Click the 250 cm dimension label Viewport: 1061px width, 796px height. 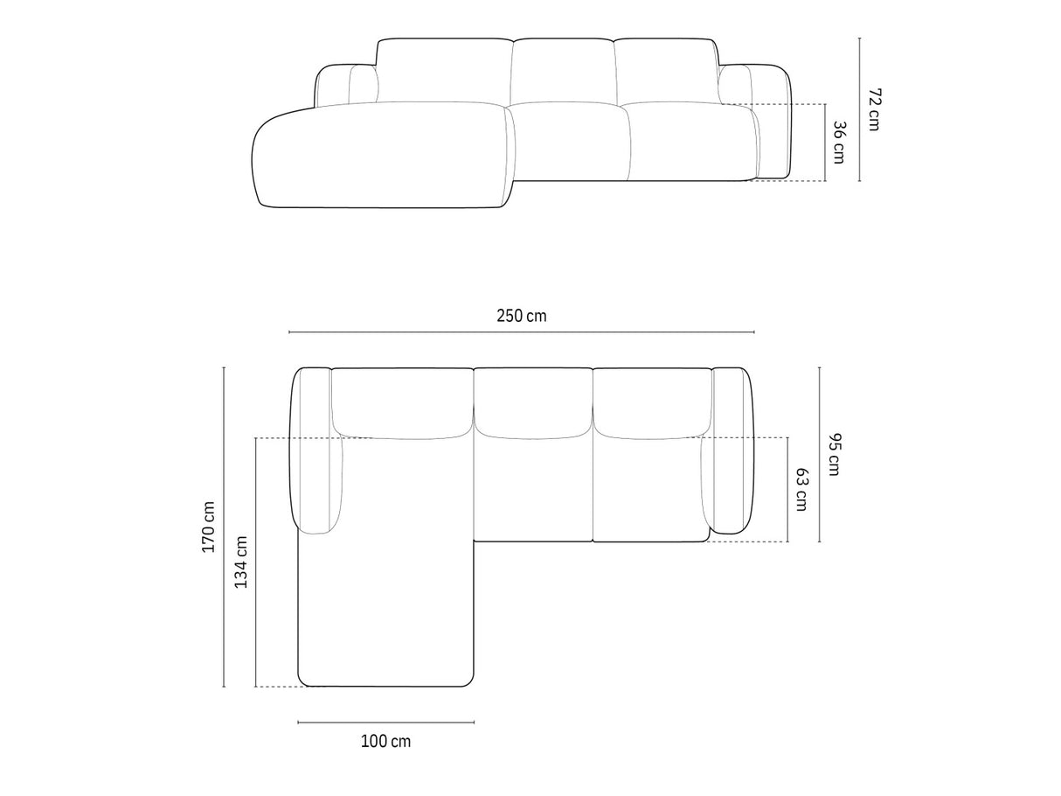pyautogui.click(x=522, y=316)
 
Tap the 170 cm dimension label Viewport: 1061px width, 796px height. pyautogui.click(x=208, y=527)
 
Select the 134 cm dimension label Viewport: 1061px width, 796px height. pyautogui.click(x=241, y=562)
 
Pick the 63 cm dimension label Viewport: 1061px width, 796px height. pyautogui.click(x=801, y=489)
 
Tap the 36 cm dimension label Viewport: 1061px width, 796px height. pyautogui.click(x=840, y=143)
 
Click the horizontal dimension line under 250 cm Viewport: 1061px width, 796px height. pyautogui.click(x=522, y=332)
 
